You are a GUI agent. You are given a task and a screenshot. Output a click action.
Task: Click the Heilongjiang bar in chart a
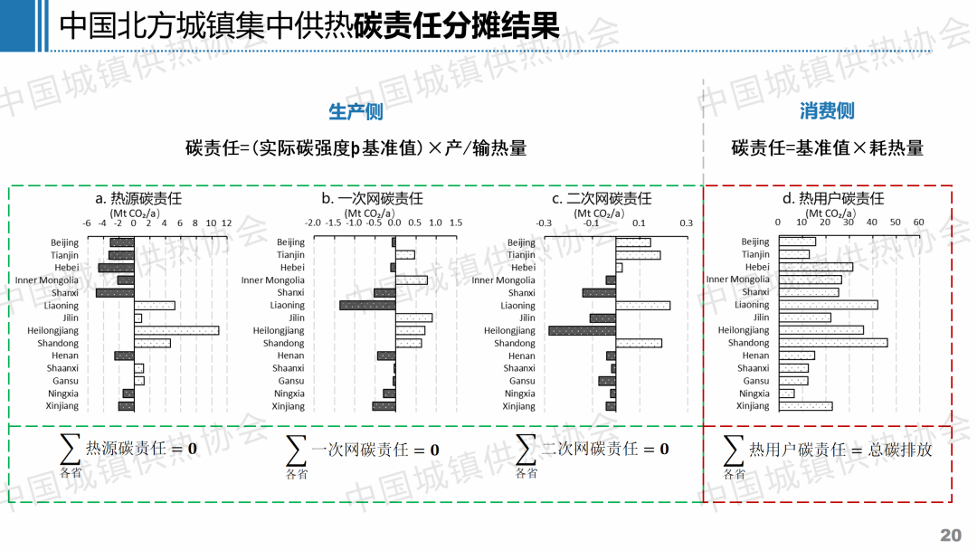176,330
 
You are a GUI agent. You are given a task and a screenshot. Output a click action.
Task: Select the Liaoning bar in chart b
367,305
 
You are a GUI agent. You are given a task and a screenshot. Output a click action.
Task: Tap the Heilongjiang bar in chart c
582,330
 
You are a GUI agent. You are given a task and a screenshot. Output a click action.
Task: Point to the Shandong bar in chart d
832,343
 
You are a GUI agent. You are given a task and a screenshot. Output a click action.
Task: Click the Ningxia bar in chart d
786,394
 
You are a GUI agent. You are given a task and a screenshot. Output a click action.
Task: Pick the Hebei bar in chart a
116,268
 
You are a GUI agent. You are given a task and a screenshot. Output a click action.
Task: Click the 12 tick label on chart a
226,223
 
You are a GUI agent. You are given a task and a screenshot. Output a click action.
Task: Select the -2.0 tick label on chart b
313,223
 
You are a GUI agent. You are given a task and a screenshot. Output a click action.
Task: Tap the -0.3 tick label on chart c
544,223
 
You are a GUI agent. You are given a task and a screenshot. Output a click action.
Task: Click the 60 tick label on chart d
917,223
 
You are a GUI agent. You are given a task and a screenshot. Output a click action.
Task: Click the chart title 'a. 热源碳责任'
138,198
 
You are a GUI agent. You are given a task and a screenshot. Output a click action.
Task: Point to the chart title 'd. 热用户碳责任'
832,198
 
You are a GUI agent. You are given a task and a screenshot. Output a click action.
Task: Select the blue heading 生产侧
356,111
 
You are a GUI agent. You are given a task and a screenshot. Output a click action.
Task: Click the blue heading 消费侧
827,111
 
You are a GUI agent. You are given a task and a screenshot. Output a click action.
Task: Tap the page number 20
951,535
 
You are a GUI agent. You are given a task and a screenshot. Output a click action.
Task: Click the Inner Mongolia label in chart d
737,280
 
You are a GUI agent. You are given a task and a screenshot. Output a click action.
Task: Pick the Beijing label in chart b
290,242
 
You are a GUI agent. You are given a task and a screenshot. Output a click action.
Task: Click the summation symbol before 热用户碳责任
734,449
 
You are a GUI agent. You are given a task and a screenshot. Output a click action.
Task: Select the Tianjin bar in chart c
638,255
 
